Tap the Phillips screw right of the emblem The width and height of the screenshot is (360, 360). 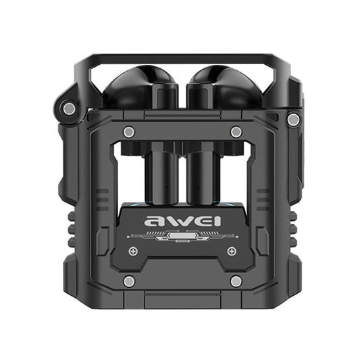(x=231, y=251)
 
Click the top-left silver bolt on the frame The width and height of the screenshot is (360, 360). (x=129, y=132)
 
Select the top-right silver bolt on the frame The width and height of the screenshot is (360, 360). (x=236, y=132)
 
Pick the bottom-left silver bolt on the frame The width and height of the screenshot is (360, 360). (x=129, y=280)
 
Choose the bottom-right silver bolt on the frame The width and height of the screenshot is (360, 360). (x=236, y=280)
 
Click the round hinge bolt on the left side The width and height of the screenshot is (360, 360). (x=68, y=108)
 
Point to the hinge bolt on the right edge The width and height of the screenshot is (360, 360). (x=293, y=119)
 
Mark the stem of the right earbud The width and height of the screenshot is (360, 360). (x=201, y=172)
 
